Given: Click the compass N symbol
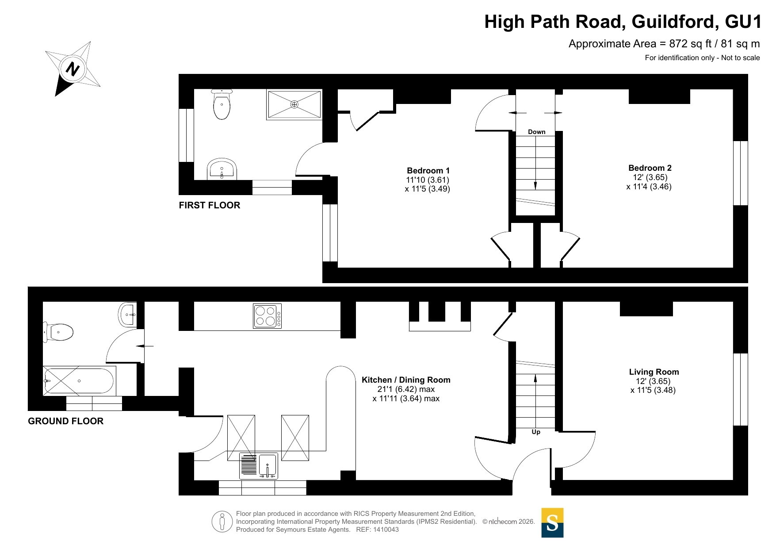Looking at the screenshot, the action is (x=73, y=69).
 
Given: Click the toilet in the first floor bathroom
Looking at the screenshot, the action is (x=222, y=104).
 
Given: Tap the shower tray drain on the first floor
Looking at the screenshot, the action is (x=294, y=104).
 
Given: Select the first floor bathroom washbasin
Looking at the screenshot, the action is (x=222, y=169).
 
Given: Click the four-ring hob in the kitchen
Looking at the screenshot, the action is (x=267, y=316).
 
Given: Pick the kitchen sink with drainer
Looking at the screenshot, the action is (x=259, y=465).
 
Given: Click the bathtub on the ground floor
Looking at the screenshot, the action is (x=79, y=381).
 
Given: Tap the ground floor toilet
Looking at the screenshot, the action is (x=58, y=332).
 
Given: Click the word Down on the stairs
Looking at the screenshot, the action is (x=536, y=132).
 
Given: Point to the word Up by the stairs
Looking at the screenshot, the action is (x=536, y=432).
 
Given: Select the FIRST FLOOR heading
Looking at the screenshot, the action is (x=210, y=205).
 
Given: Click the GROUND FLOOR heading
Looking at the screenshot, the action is (x=65, y=421).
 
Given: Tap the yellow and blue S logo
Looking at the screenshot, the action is (x=552, y=523).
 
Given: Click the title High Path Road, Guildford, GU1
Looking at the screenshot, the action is (x=623, y=22).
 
